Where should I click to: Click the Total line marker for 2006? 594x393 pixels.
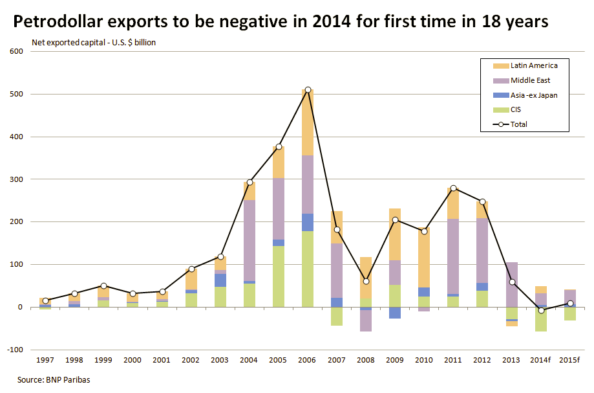tap(308, 89)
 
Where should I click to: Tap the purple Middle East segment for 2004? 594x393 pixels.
tap(249, 240)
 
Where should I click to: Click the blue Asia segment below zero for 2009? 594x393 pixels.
tap(395, 313)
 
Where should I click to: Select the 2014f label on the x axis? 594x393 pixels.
tap(540, 360)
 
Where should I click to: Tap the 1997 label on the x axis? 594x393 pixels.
tap(45, 360)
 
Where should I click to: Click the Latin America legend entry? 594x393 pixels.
tap(534, 65)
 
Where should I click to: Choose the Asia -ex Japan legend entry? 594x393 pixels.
tap(534, 95)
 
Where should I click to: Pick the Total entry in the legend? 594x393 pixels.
tap(520, 124)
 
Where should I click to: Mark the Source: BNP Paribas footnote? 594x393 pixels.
tap(54, 380)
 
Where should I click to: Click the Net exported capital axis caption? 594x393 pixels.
tap(94, 43)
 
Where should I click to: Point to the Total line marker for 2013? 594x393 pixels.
tap(511, 282)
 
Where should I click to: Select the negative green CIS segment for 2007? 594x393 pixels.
tap(337, 316)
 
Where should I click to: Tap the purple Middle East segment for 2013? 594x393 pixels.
tap(511, 285)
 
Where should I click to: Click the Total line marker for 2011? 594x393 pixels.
tap(453, 188)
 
